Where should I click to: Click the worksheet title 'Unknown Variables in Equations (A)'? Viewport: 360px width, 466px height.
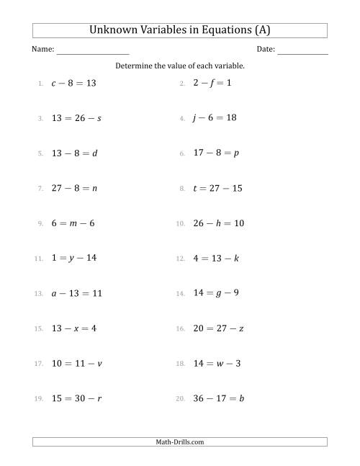point(180,30)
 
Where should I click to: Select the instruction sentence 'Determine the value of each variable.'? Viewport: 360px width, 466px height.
point(180,66)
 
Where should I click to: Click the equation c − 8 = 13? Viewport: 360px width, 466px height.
point(73,84)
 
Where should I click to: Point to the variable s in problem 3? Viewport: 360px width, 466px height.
point(99,118)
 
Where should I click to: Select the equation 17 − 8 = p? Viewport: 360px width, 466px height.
point(215,153)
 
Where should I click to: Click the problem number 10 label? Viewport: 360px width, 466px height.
point(180,224)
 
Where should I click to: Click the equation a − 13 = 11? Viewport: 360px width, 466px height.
point(77,293)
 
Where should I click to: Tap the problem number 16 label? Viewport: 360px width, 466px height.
point(180,328)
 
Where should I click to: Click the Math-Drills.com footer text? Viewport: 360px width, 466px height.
point(180,442)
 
